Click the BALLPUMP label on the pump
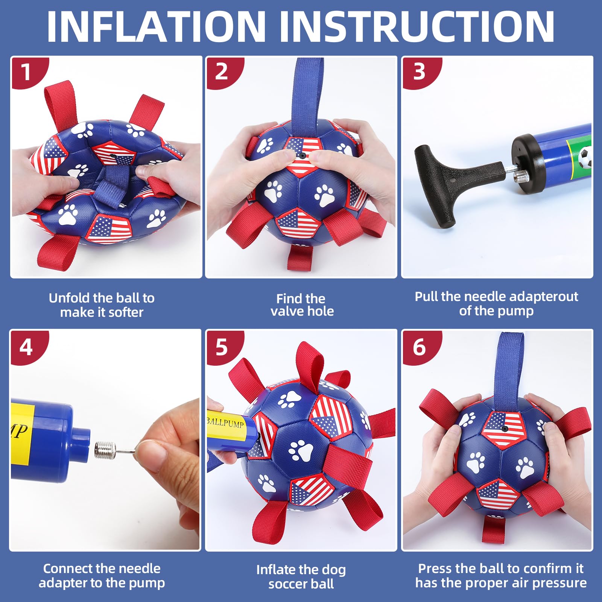click(226, 423)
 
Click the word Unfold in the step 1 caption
click(69, 298)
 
